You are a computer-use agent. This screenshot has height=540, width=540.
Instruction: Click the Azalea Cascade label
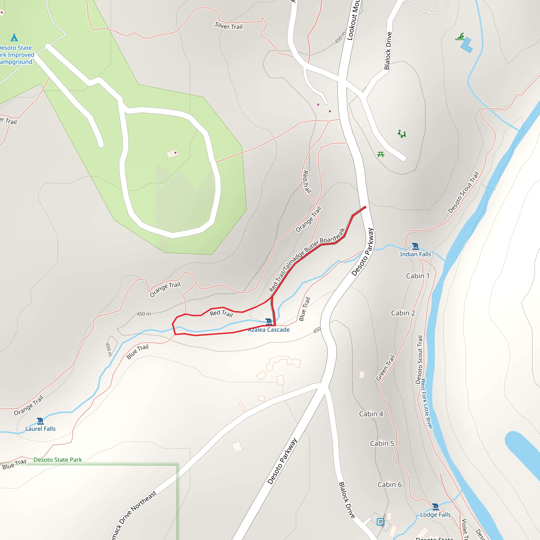tap(269, 330)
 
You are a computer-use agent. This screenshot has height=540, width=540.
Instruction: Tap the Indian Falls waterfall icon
tap(415, 247)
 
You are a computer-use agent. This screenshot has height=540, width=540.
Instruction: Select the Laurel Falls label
tap(41, 429)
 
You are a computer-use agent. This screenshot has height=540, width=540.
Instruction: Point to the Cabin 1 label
tap(418, 276)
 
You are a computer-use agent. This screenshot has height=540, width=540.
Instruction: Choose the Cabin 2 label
tap(403, 313)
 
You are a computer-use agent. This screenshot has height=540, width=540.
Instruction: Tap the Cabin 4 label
tap(371, 414)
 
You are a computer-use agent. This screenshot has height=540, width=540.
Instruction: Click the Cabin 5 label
tap(382, 443)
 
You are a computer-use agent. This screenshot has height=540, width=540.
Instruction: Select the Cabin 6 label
tap(389, 485)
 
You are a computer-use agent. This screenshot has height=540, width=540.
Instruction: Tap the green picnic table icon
tap(381, 154)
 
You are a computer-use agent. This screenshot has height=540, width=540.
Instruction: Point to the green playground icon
tap(402, 134)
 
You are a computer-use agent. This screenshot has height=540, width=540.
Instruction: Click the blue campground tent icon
tap(14, 37)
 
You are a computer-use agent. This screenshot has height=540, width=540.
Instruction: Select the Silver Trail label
tap(229, 26)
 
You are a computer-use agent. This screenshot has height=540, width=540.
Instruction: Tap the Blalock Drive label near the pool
tap(388, 51)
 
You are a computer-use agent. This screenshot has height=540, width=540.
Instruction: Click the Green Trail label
tap(385, 368)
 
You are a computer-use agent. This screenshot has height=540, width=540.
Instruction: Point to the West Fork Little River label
tap(427, 404)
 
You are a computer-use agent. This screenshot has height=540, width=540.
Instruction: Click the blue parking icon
tap(380, 522)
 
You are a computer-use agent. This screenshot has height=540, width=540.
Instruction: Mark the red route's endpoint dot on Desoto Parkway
tap(365, 208)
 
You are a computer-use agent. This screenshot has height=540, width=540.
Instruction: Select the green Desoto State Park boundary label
tap(57, 460)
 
